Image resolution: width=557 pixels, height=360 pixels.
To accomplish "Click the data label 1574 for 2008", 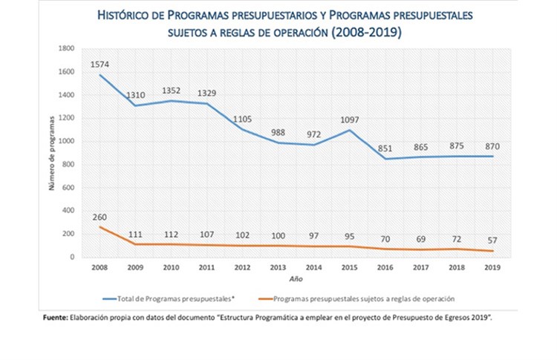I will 100,64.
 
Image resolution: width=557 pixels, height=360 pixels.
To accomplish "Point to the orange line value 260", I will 100,217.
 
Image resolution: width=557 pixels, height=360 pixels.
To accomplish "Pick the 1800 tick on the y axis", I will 68,49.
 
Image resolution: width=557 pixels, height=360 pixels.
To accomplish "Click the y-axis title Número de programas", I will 53,152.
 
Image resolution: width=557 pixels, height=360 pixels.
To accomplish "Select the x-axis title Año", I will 296,278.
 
